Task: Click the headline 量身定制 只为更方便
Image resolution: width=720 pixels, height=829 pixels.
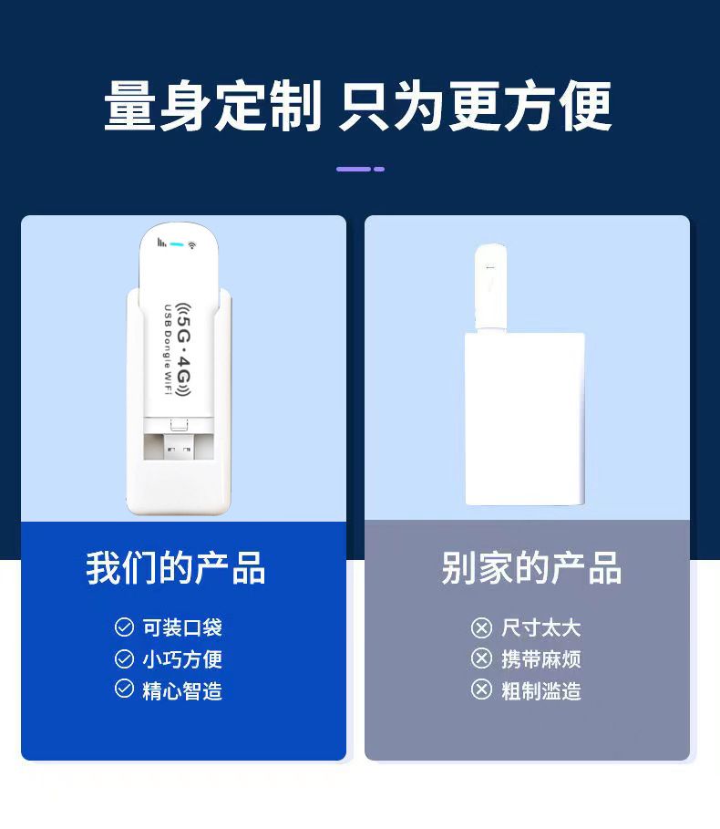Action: [358, 106]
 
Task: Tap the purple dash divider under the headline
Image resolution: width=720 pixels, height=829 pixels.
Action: [360, 170]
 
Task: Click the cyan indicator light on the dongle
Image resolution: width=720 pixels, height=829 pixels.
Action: [177, 244]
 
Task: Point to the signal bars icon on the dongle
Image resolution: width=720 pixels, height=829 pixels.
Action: [161, 243]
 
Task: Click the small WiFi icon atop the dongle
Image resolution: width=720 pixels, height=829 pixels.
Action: [191, 244]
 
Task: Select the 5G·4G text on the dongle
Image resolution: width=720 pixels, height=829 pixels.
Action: [183, 349]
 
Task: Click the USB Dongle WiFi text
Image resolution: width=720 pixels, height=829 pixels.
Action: [168, 349]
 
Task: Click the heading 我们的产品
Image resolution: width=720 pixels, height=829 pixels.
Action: [176, 568]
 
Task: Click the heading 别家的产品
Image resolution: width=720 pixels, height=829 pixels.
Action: [531, 568]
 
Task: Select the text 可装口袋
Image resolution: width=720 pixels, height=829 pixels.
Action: [182, 627]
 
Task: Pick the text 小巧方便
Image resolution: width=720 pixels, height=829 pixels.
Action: [182, 659]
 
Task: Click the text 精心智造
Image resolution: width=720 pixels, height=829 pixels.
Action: [182, 691]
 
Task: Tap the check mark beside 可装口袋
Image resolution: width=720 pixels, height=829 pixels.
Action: [124, 627]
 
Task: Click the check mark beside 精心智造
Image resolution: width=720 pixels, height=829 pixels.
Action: [124, 689]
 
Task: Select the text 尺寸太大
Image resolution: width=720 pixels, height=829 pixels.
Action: [541, 628]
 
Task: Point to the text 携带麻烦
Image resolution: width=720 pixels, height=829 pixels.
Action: [541, 659]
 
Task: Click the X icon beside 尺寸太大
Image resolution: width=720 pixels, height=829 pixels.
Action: [481, 627]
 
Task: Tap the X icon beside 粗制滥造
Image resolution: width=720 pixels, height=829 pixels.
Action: [481, 690]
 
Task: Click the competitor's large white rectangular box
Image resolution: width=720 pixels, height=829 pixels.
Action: [525, 419]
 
